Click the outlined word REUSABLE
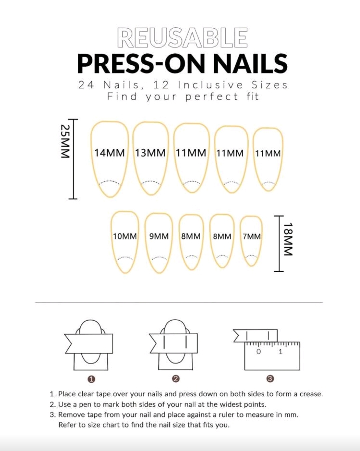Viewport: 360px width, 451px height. (x=183, y=38)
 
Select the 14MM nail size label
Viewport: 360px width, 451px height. (x=109, y=153)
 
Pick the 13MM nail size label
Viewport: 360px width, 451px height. (x=150, y=153)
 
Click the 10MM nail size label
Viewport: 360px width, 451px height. (x=125, y=237)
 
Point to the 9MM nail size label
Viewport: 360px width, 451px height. (x=159, y=237)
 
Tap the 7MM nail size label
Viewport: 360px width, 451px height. (x=252, y=237)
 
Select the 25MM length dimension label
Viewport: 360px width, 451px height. (x=65, y=141)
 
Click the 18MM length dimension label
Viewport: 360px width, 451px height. (x=288, y=239)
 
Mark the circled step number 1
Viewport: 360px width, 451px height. (x=91, y=379)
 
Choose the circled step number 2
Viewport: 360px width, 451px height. (x=176, y=379)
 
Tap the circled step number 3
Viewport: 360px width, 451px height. (x=270, y=379)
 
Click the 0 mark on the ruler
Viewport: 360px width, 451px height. (x=259, y=352)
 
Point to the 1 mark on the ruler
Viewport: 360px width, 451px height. (x=281, y=352)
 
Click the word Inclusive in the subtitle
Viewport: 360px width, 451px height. (x=210, y=85)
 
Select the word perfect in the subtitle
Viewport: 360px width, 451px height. (x=212, y=97)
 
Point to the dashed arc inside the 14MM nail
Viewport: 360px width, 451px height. (x=109, y=181)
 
